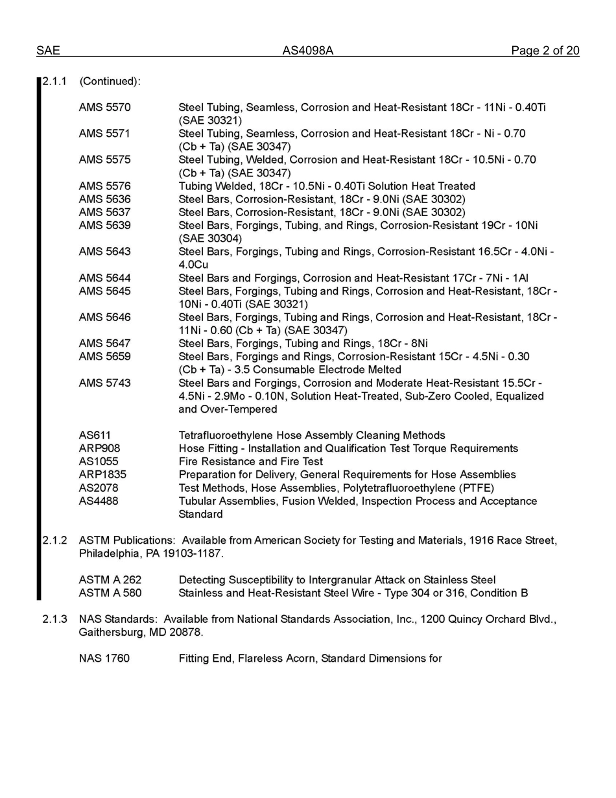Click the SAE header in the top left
click(48, 51)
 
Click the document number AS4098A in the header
click(307, 51)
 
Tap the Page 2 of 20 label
click(545, 51)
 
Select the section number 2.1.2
click(55, 540)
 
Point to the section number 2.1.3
click(55, 619)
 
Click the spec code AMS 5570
click(104, 107)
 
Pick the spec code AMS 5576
click(104, 186)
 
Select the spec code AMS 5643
click(104, 252)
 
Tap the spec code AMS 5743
click(104, 383)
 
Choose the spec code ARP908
click(99, 448)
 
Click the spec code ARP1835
click(102, 475)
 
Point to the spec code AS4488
click(99, 501)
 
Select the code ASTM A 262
click(110, 580)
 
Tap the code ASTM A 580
click(110, 593)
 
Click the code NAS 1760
click(104, 659)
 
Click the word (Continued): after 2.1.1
click(110, 81)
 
